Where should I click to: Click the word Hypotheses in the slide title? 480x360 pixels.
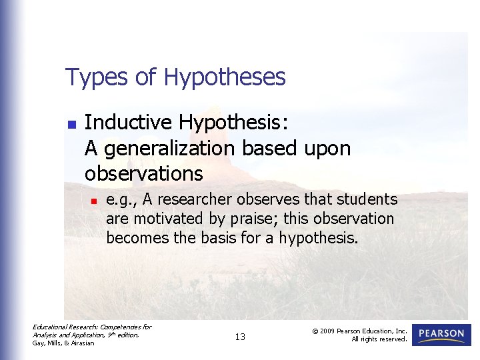225,77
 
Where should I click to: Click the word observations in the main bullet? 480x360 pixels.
143,173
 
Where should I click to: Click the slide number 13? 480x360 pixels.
240,337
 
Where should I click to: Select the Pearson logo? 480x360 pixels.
441,334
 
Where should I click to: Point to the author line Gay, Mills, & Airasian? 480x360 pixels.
63,343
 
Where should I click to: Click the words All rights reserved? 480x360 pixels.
379,339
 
